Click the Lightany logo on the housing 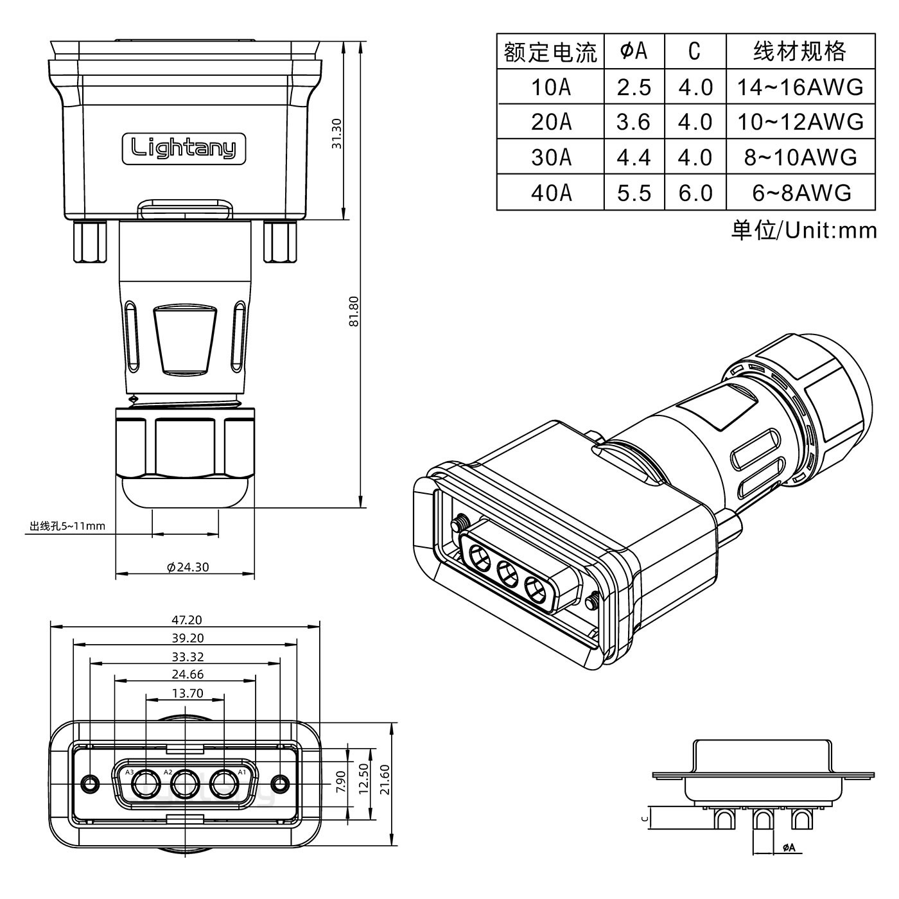pyautogui.click(x=184, y=148)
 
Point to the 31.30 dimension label pyautogui.click(x=336, y=134)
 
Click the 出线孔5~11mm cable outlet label pyautogui.click(x=67, y=527)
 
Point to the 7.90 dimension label pyautogui.click(x=341, y=781)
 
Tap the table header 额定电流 pyautogui.click(x=550, y=52)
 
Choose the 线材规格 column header pyautogui.click(x=799, y=51)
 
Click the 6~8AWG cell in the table pyautogui.click(x=801, y=193)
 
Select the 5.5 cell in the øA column pyautogui.click(x=634, y=193)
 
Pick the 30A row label pyautogui.click(x=550, y=157)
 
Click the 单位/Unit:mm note pyautogui.click(x=803, y=230)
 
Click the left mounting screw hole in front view pyautogui.click(x=91, y=784)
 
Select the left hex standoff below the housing pyautogui.click(x=91, y=241)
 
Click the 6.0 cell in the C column pyautogui.click(x=695, y=193)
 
